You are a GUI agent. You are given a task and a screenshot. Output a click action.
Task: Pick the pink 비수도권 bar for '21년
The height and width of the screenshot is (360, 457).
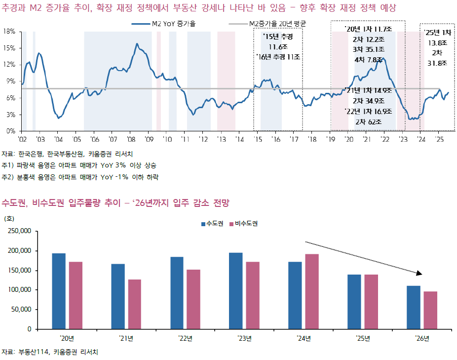134,304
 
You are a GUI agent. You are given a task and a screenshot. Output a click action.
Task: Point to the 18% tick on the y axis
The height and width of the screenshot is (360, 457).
9,31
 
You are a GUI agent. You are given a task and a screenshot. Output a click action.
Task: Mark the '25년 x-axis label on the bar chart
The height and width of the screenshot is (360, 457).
364,338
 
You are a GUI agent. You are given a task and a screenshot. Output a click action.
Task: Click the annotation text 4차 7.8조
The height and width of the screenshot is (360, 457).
369,60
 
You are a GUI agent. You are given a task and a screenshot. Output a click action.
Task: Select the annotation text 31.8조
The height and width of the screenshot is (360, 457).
437,63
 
